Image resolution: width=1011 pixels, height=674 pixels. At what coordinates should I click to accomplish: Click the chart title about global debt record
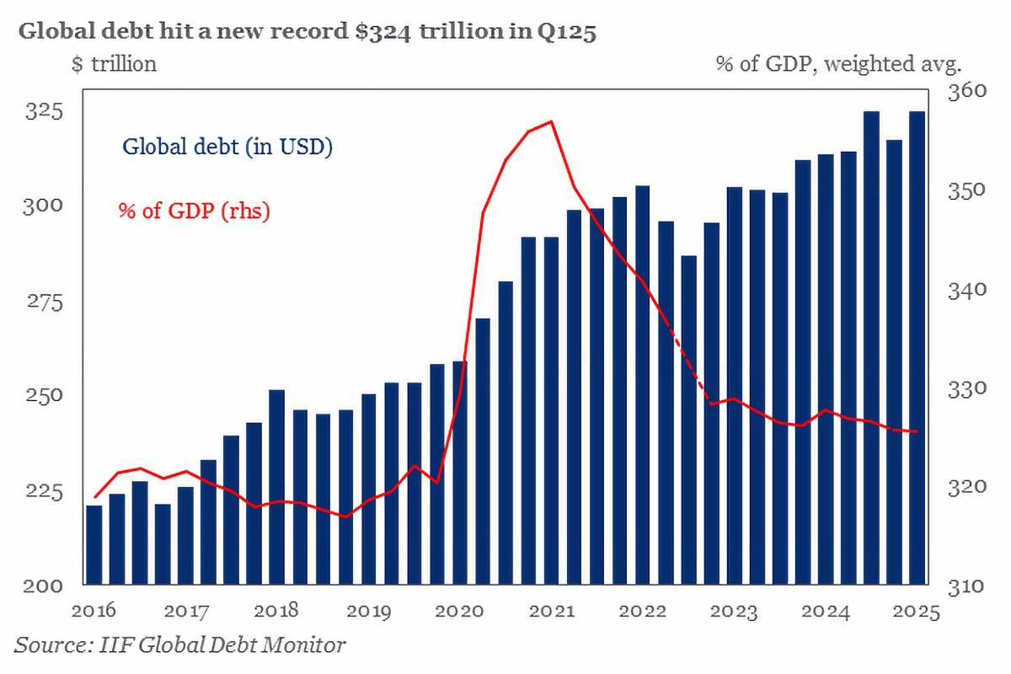point(308,33)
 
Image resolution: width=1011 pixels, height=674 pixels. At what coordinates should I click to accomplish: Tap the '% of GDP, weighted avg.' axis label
point(838,63)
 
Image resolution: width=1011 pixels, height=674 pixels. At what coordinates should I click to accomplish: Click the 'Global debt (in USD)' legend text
point(227,147)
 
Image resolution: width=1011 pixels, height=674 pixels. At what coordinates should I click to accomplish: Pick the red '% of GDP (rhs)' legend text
point(194,211)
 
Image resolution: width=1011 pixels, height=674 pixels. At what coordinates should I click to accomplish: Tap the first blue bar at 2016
point(94,544)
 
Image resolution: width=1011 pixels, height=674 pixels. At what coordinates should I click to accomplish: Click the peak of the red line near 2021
point(551,122)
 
